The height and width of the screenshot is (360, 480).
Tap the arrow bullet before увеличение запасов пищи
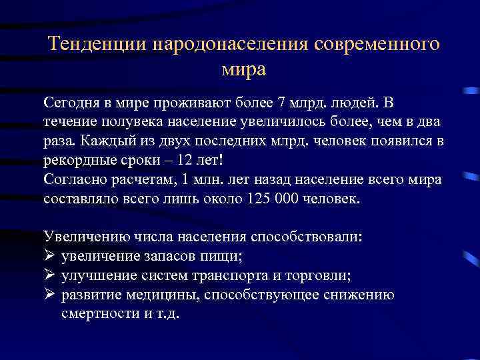coord(49,256)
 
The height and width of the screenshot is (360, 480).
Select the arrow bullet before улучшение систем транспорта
coord(49,275)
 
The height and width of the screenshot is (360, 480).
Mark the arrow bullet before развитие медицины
coord(49,295)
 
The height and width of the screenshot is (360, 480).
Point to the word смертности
coord(95,314)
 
